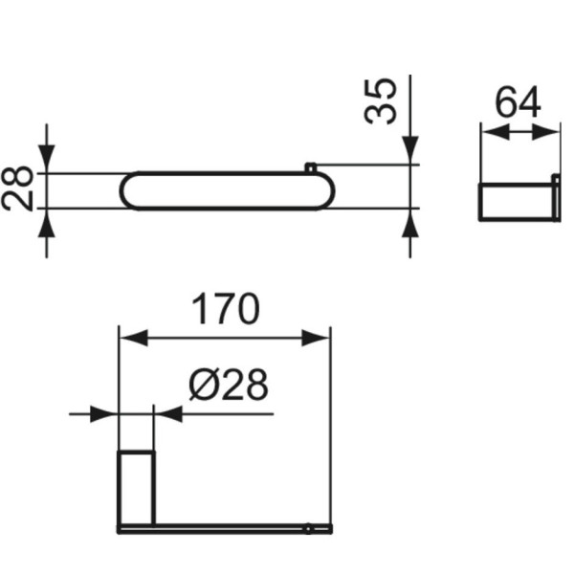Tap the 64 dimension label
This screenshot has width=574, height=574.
[519, 102]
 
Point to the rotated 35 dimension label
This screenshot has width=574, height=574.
[382, 101]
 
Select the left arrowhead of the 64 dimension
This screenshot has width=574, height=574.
[491, 135]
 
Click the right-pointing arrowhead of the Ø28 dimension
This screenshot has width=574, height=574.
[105, 414]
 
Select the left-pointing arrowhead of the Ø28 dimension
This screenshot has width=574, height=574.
[166, 414]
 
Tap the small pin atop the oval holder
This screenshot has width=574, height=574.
[310, 168]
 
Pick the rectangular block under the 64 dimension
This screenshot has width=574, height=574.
[518, 201]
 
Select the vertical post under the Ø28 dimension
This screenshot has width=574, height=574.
[135, 483]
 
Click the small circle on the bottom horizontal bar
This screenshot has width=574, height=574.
[308, 527]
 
